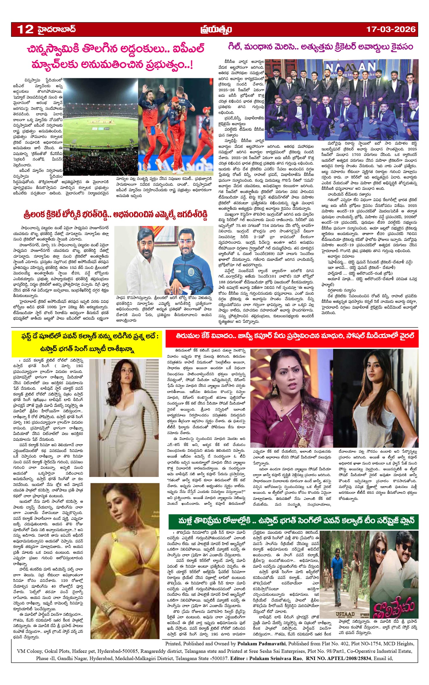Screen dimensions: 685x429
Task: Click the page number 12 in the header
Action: (x=25, y=29)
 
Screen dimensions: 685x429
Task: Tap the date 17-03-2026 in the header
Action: (x=391, y=29)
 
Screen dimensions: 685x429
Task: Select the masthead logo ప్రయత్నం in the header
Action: (x=216, y=30)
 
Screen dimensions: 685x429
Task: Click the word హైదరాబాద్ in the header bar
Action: (x=57, y=29)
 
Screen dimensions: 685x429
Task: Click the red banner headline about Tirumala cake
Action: (x=292, y=336)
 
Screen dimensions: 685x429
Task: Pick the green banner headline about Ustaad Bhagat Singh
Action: (x=293, y=521)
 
